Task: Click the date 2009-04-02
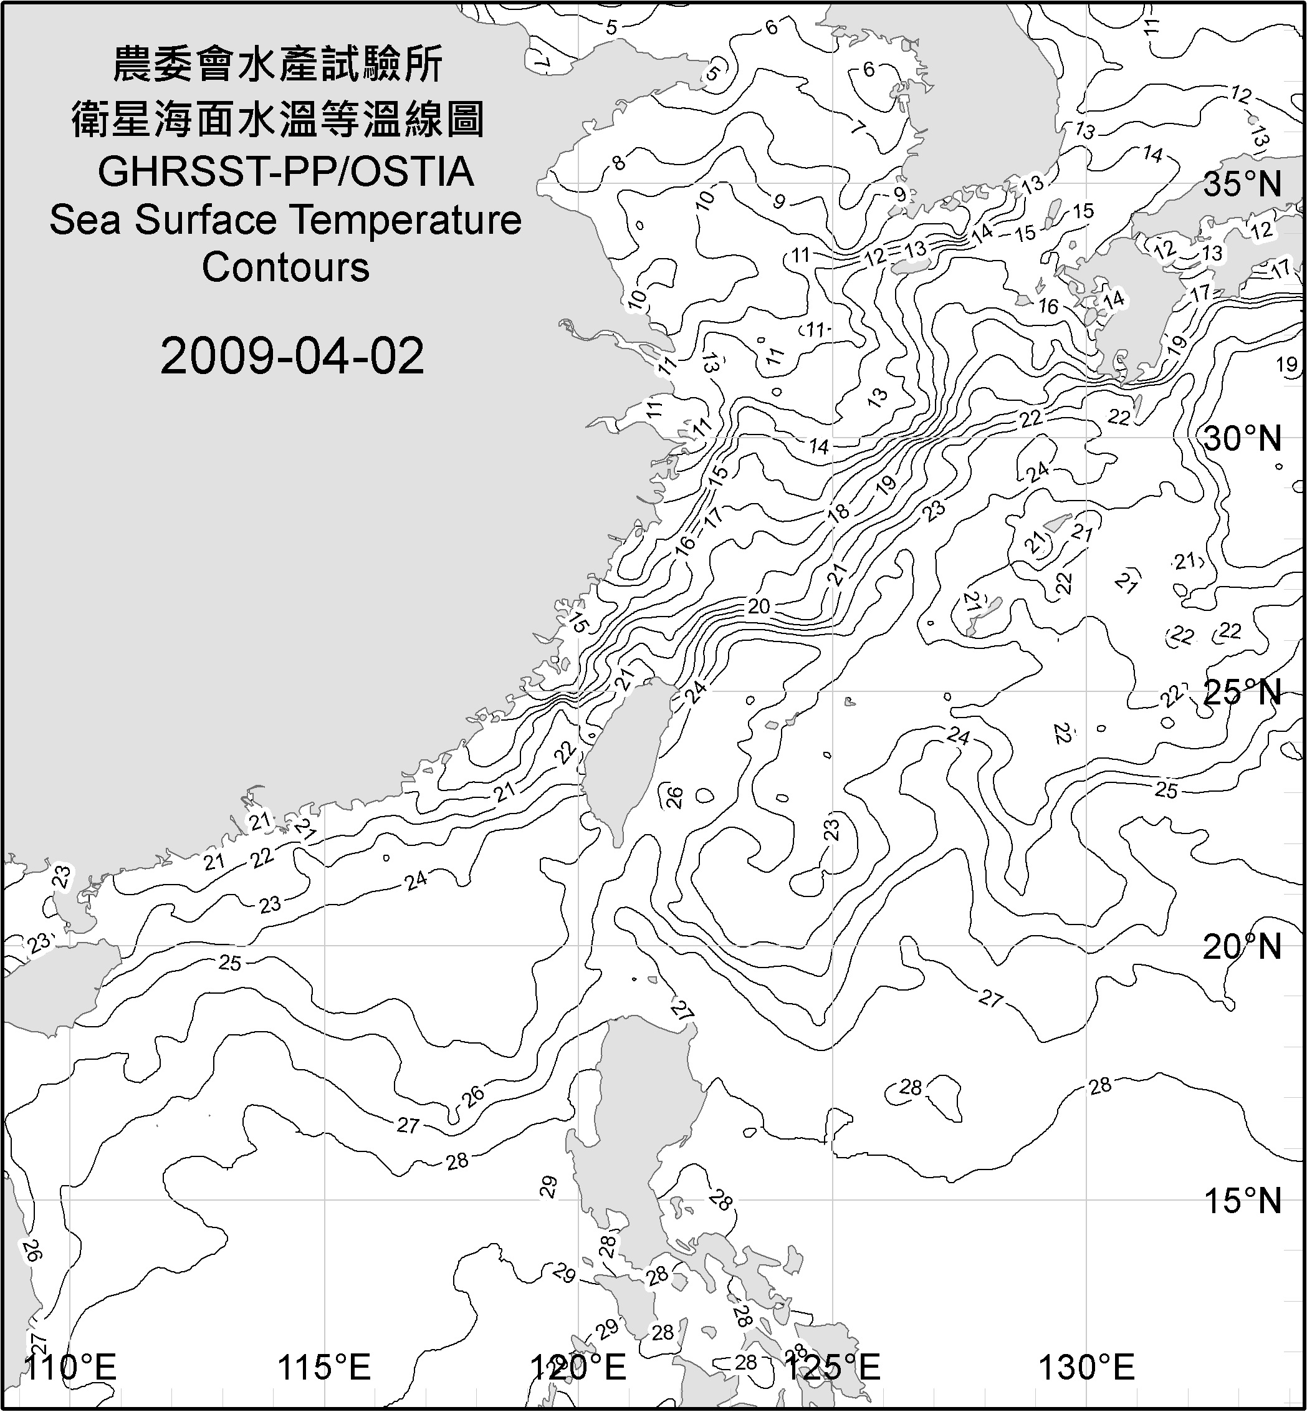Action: tap(292, 356)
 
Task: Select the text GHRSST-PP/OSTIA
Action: tap(285, 172)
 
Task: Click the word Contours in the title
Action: tap(285, 267)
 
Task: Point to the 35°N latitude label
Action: tap(1243, 185)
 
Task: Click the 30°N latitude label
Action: tap(1243, 439)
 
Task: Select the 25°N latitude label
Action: tap(1243, 693)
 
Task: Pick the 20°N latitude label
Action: tap(1243, 947)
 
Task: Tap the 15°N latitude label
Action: tap(1243, 1201)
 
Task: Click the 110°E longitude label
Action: tap(70, 1368)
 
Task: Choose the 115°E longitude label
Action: tap(324, 1368)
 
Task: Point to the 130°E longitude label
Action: tap(1086, 1368)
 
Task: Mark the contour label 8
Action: tap(619, 163)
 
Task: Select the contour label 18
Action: tap(838, 511)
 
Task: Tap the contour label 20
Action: tap(758, 606)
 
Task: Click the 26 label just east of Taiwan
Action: tap(674, 797)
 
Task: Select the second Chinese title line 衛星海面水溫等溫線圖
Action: tap(278, 119)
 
